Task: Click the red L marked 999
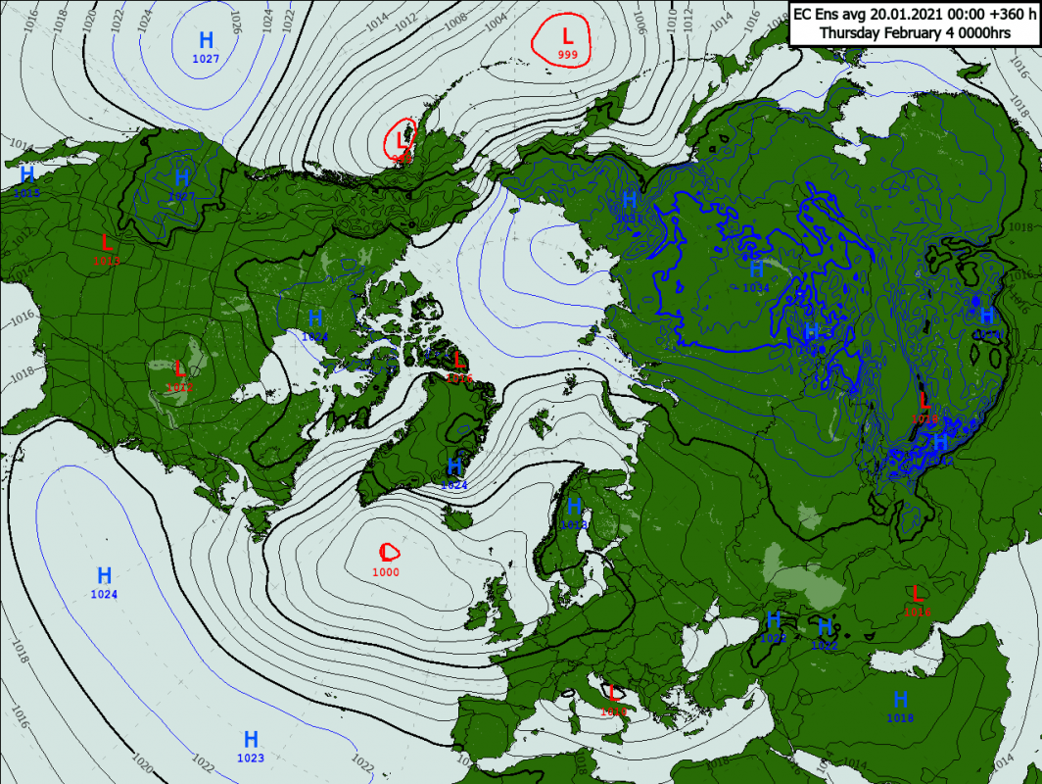tap(566, 37)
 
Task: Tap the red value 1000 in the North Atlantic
tap(386, 572)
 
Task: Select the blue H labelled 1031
tap(630, 199)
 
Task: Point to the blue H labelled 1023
tap(251, 739)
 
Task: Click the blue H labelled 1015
tap(27, 174)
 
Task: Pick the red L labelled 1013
tap(107, 241)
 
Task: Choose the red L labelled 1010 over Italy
tap(614, 694)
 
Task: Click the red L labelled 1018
tap(917, 593)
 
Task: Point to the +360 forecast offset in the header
tap(988, 14)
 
